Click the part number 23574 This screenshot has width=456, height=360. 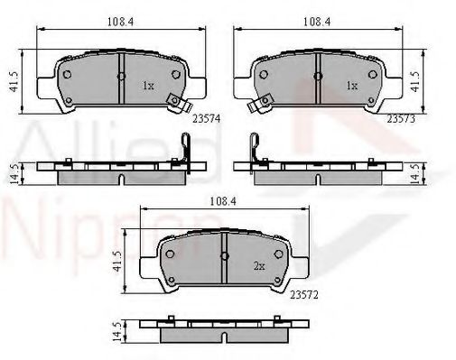point(207,119)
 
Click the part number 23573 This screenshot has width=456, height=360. point(401,119)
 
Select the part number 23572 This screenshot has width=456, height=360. point(304,295)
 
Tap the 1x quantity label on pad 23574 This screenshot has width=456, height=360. point(148,86)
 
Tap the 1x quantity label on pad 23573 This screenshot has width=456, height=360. point(352,86)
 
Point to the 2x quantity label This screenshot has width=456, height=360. point(259,266)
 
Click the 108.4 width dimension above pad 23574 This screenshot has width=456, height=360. point(120,22)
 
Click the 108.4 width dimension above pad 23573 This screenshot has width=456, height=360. point(317,22)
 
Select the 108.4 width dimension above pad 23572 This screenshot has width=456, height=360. point(223,201)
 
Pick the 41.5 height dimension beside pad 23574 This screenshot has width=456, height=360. point(14,81)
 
